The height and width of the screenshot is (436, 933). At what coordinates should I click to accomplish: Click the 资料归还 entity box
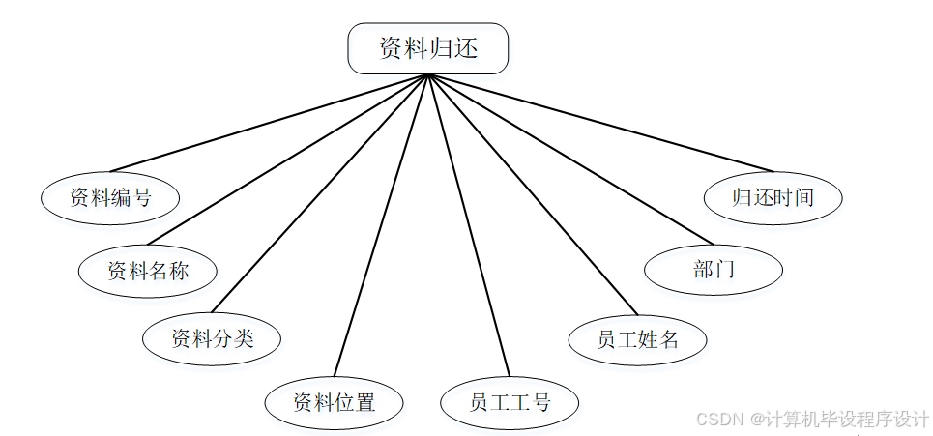click(427, 48)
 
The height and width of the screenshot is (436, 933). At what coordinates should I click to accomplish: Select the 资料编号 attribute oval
click(110, 198)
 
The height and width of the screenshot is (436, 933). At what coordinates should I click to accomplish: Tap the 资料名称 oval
click(147, 270)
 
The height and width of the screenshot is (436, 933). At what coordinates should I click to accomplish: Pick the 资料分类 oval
click(212, 338)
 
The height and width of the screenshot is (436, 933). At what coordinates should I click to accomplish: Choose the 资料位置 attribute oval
click(334, 401)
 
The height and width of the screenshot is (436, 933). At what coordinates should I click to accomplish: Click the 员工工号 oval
click(510, 402)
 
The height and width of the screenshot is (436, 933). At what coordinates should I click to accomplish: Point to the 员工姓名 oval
click(637, 339)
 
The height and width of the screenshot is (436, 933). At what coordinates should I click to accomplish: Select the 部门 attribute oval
click(714, 269)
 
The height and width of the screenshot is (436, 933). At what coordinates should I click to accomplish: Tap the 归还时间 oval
click(773, 198)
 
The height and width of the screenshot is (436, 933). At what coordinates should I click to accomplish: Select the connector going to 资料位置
click(380, 224)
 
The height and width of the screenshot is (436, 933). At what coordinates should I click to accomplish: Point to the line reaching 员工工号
click(468, 224)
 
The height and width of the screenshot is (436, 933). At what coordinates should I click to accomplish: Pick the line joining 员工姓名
click(532, 193)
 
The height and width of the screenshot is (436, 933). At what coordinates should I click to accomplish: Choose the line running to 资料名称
click(287, 159)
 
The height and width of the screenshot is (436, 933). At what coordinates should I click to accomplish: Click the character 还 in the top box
click(466, 48)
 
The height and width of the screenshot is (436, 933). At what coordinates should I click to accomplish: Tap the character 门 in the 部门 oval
click(725, 269)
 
